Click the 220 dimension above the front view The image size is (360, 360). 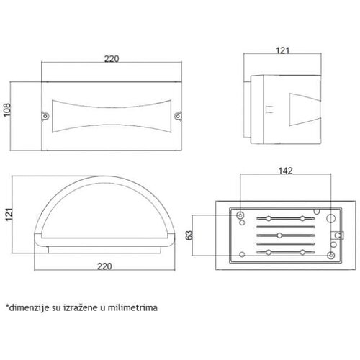[112, 59]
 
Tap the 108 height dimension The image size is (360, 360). [7, 110]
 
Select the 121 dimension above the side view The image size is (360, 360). [283, 50]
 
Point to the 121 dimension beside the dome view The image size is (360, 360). [9, 215]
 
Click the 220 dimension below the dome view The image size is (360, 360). [104, 266]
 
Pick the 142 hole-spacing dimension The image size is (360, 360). [286, 171]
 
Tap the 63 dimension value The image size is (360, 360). [189, 235]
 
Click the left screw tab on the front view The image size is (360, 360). [45, 117]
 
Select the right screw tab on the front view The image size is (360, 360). [178, 117]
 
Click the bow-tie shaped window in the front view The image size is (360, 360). [112, 116]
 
